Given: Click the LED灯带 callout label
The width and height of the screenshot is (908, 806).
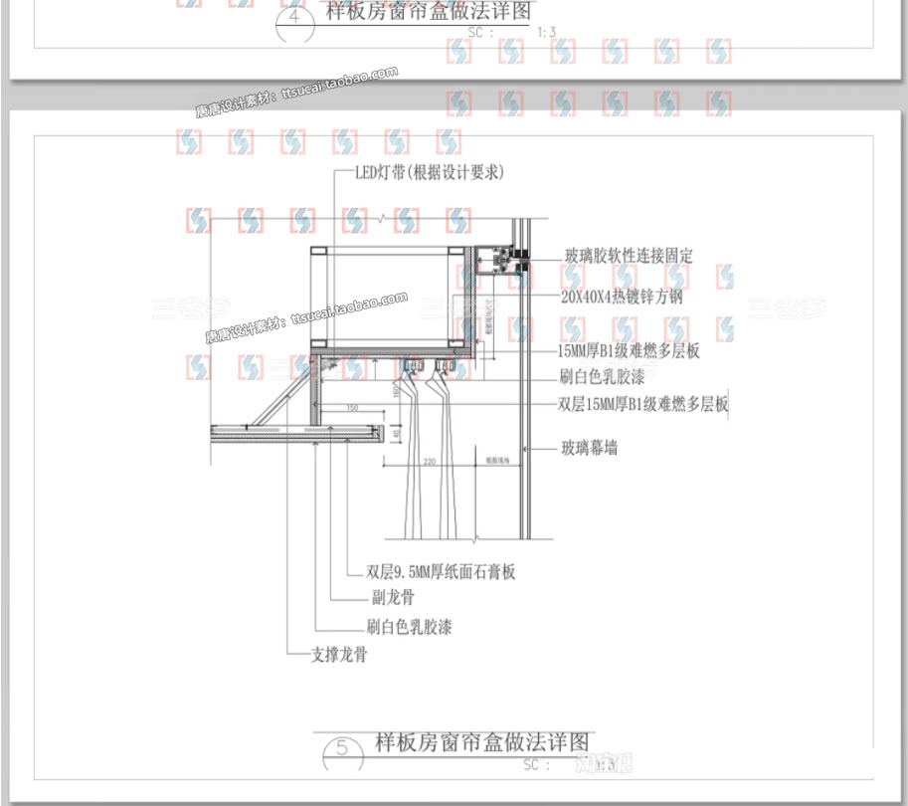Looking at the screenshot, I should pyautogui.click(x=431, y=172).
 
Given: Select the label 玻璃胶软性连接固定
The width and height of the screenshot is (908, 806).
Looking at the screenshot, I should pyautogui.click(x=629, y=256).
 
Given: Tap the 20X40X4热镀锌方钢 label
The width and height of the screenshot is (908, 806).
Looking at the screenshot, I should pyautogui.click(x=622, y=297).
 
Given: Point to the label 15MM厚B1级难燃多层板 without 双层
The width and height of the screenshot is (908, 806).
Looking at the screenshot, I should pyautogui.click(x=629, y=351).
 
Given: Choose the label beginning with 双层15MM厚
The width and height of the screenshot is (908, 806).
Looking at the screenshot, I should pyautogui.click(x=642, y=405).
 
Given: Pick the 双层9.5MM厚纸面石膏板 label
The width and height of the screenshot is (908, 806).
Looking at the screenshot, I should pyautogui.click(x=441, y=572).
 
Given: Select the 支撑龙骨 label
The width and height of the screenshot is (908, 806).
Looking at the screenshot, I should pyautogui.click(x=339, y=656).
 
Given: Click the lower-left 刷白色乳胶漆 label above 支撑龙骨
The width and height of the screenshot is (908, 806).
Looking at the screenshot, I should pyautogui.click(x=409, y=628).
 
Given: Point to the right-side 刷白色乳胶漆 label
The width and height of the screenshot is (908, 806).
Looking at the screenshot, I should pyautogui.click(x=602, y=378).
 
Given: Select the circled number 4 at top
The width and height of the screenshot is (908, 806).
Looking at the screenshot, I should pyautogui.click(x=294, y=19).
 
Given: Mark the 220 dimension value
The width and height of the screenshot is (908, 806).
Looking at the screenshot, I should pyautogui.click(x=429, y=462).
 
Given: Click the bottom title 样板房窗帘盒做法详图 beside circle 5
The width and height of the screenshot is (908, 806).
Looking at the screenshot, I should pyautogui.click(x=481, y=742).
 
